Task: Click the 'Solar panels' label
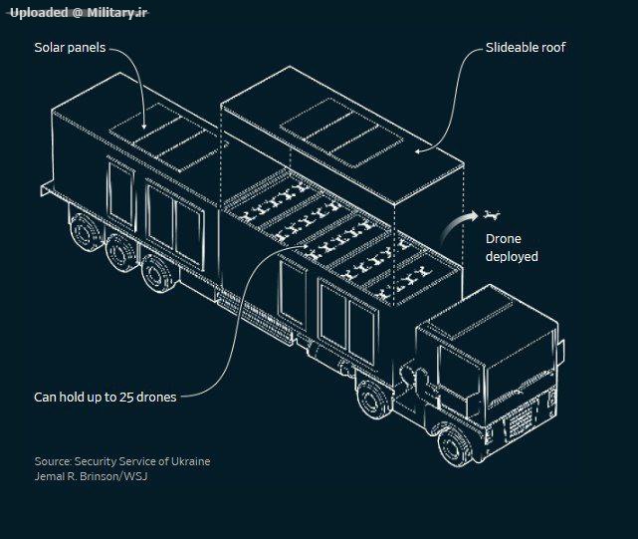(70, 48)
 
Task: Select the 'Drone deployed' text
(512, 248)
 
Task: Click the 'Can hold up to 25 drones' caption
(106, 397)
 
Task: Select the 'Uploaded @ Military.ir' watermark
(79, 11)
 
